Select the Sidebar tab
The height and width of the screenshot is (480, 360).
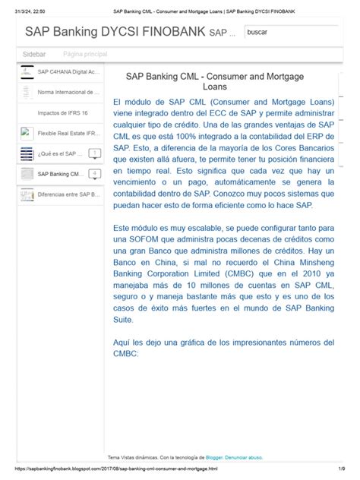34,55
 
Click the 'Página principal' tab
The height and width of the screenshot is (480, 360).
85,55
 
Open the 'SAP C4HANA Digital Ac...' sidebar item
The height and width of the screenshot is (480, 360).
68,71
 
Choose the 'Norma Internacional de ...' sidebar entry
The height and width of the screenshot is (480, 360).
68,92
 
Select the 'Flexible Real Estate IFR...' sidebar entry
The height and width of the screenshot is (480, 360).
68,133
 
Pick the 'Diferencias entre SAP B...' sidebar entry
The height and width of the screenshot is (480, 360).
68,194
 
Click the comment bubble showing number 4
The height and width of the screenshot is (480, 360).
94,174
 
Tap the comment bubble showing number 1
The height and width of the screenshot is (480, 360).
94,153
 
